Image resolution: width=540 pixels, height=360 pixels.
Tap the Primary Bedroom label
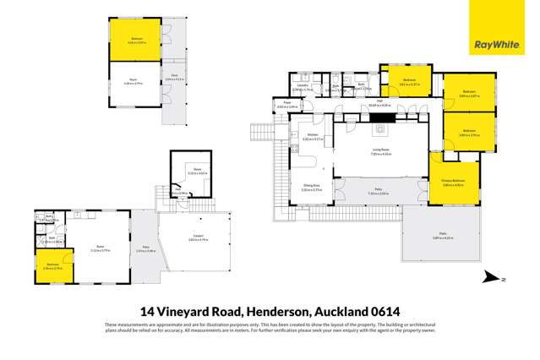[453, 182]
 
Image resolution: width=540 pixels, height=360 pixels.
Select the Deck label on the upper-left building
[172, 77]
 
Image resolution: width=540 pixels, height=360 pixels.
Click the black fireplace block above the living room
[377, 117]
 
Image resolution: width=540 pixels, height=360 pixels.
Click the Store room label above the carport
[191, 171]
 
